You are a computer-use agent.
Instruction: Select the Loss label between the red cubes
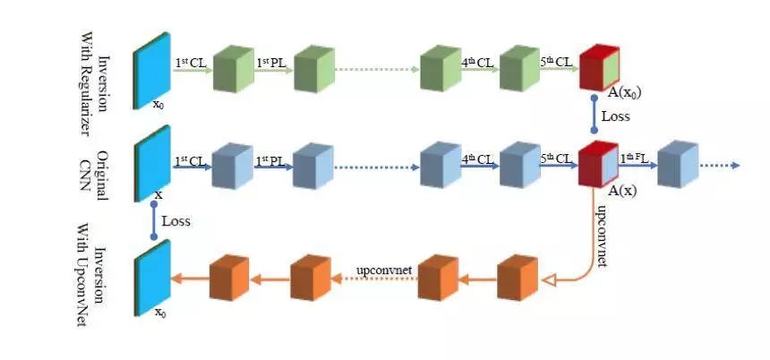pos(615,116)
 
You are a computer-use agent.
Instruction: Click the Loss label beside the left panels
pos(176,219)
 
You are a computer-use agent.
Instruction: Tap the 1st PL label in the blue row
pos(269,160)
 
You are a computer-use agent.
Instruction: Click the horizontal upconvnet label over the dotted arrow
pos(383,268)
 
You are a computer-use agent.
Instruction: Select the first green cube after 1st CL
pos(234,68)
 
